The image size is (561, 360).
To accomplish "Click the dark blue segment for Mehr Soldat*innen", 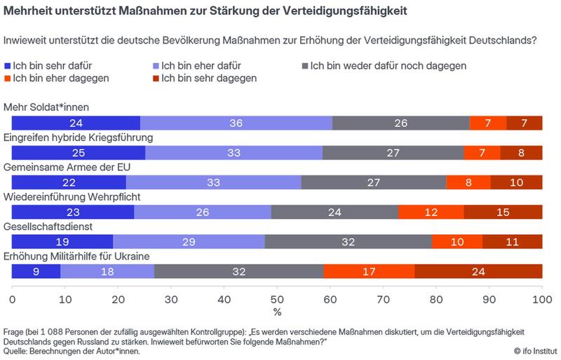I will click(76, 123).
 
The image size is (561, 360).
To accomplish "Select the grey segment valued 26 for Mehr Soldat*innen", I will click(400, 123).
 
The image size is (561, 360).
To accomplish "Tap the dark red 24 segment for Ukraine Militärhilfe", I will click(478, 272).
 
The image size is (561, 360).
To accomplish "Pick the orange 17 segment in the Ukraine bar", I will click(369, 272).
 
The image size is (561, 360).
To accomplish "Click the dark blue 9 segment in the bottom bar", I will click(36, 272).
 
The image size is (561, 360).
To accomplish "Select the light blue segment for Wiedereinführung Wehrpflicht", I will click(202, 212).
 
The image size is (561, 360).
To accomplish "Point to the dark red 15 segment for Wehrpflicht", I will click(503, 212).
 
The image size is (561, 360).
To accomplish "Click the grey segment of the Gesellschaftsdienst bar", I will click(349, 242).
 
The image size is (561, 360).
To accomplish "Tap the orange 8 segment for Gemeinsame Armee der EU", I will click(468, 182).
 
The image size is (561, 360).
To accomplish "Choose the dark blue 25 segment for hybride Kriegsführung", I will click(79, 152).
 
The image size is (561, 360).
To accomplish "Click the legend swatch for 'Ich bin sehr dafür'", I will click(8, 66).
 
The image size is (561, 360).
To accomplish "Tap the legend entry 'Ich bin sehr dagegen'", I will click(208, 79).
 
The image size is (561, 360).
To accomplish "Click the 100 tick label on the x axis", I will click(541, 300).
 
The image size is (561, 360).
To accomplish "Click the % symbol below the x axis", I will click(277, 312).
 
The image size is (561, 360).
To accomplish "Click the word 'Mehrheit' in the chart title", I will click(31, 12).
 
